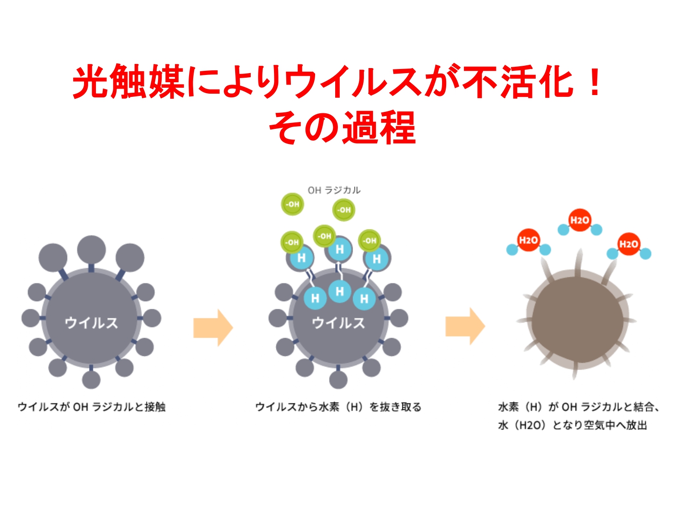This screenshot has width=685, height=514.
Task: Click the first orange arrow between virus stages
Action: [213, 328]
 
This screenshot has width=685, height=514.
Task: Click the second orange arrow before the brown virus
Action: [465, 326]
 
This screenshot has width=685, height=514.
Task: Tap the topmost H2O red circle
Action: [580, 220]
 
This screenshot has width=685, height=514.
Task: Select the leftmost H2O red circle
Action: [528, 240]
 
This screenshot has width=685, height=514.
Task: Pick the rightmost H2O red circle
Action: [628, 244]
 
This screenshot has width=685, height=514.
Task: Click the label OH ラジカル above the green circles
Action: [334, 190]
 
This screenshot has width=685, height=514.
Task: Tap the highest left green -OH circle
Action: [292, 204]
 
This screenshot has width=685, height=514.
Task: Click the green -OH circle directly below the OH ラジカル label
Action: [343, 210]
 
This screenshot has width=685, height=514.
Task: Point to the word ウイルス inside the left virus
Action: [91, 323]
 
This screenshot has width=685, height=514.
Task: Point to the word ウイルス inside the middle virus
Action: [338, 323]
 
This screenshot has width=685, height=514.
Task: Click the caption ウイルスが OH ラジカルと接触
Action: [92, 407]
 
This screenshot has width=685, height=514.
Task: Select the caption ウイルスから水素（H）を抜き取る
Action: [338, 407]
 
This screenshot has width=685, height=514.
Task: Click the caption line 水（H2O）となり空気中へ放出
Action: [573, 425]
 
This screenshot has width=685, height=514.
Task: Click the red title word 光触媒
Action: [127, 82]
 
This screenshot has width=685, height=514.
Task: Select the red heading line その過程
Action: [342, 127]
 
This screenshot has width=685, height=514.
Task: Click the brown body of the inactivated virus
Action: [577, 320]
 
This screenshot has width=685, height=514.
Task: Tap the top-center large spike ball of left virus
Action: [91, 249]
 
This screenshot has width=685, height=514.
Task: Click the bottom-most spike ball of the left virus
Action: [91, 380]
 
